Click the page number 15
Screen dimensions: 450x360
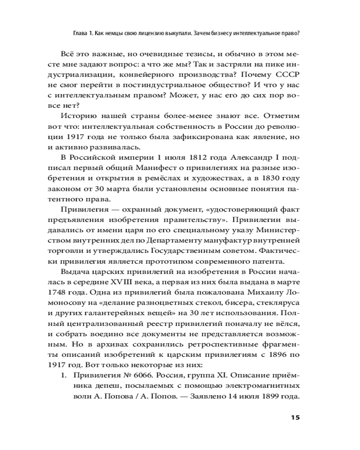[295, 417]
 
